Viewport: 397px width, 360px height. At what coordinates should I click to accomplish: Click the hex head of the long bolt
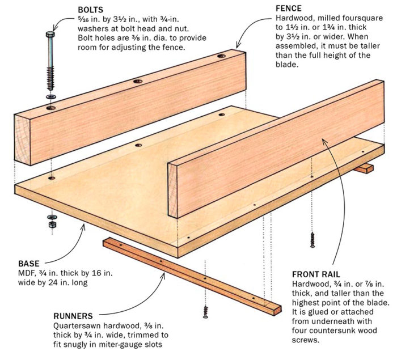(x=49, y=35)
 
